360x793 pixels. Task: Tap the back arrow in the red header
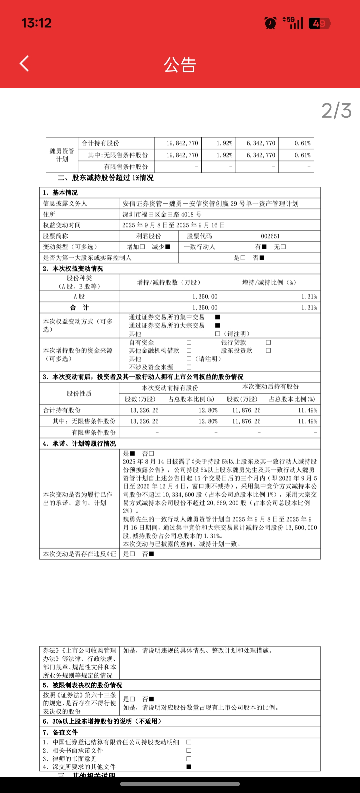[24, 63]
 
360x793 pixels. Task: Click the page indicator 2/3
[336, 111]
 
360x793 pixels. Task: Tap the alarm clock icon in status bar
[270, 23]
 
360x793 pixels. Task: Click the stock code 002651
[270, 236]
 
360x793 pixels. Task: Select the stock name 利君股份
[149, 236]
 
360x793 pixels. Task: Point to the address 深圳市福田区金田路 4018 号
[162, 214]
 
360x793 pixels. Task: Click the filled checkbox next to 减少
[168, 247]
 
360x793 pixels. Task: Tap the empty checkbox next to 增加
[142, 247]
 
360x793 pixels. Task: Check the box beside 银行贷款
[268, 342]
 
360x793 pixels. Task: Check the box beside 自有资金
[189, 342]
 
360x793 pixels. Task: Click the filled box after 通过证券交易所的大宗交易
[218, 325]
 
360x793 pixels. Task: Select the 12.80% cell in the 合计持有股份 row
[208, 410]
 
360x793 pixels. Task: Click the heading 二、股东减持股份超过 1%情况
[106, 178]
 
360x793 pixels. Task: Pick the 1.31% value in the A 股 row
[309, 297]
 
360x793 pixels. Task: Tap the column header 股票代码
[199, 236]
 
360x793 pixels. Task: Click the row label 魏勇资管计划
[62, 155]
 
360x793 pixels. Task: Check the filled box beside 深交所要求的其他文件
[189, 767]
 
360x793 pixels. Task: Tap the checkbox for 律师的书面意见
[189, 759]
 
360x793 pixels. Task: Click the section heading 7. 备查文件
[60, 733]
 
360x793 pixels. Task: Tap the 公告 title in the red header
[180, 65]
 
